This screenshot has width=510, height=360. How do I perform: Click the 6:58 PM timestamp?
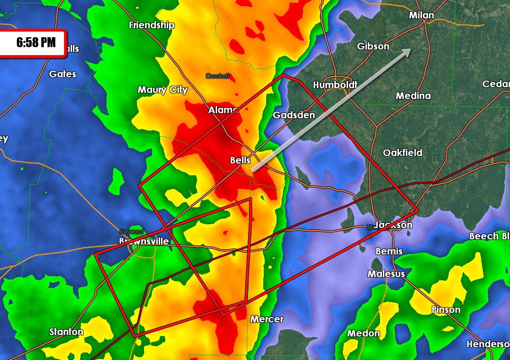pos(36,43)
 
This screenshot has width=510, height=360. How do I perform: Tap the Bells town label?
pos(240,161)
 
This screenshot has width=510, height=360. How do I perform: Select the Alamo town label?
pos(223,110)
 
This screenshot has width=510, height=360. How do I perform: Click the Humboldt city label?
pos(335,85)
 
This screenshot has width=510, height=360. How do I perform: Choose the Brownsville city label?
pos(144,241)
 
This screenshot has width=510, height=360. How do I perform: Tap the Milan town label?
pos(421,16)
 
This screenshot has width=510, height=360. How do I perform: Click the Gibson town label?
pos(373,46)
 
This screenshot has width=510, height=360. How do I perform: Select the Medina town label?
pos(413,96)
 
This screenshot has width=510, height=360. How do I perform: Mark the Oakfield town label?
pos(402,153)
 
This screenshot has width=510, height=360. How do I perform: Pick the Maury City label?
pos(162,90)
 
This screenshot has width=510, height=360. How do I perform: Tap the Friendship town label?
pos(152,25)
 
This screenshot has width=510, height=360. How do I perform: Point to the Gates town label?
pos(63,74)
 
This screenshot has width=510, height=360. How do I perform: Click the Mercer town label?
pos(267,319)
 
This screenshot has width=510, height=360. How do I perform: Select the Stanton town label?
pos(66,332)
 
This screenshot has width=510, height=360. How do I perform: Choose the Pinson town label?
pos(445,310)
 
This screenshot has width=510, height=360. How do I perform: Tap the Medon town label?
pos(364,333)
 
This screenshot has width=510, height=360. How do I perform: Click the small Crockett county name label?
pos(218,76)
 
